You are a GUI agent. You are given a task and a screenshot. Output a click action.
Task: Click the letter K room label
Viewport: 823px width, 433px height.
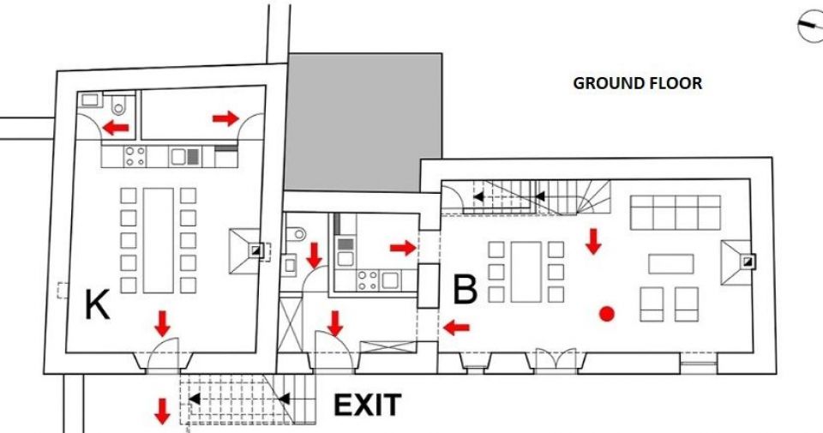click(97, 305)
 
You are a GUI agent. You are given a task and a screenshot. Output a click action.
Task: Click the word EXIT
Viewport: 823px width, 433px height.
click(368, 406)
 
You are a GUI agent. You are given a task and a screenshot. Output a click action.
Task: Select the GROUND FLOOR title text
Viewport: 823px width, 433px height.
click(637, 83)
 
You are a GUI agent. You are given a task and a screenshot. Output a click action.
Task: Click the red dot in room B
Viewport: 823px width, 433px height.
click(607, 314)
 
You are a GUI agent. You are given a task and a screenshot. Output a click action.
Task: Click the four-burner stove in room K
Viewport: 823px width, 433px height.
click(135, 156)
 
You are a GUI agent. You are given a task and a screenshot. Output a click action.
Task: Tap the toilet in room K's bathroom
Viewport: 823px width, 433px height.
click(119, 106)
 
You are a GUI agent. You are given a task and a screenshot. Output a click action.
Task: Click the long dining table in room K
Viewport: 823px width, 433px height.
click(158, 240)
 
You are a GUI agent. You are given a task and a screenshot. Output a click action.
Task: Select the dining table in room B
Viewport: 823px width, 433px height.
click(526, 272)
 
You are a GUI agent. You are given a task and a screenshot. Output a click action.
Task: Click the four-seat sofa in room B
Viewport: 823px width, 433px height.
click(675, 213)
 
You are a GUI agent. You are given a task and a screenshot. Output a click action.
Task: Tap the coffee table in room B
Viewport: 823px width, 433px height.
click(670, 264)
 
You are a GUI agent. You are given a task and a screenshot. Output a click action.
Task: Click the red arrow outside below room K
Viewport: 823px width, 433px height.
click(162, 411)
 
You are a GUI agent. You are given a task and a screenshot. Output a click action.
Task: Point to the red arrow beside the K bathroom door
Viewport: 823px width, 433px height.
click(116, 127)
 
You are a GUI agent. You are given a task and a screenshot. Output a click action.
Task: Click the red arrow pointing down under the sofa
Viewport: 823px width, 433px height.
click(593, 242)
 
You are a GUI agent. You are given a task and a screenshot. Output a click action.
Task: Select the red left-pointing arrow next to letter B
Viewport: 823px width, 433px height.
click(456, 328)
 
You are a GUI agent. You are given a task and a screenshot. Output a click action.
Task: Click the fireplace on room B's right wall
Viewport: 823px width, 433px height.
click(739, 262)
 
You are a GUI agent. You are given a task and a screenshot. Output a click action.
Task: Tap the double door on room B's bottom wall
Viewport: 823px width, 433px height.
click(556, 361)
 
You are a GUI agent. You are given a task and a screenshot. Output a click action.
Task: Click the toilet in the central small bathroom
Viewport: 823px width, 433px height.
click(298, 233)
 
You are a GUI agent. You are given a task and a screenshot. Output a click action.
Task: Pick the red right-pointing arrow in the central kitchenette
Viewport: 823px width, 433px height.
click(403, 248)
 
